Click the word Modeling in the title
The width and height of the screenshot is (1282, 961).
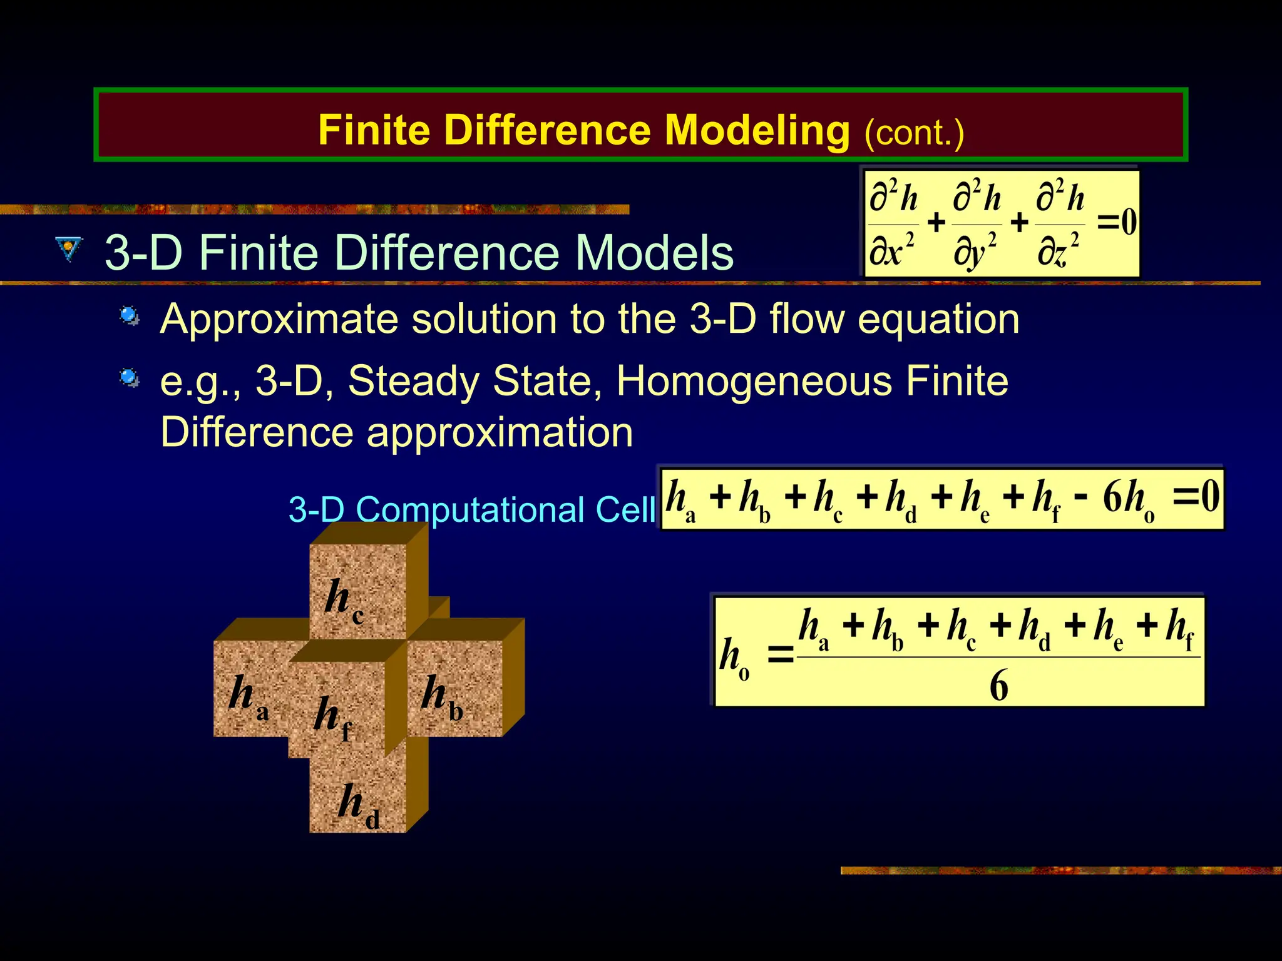pos(757,130)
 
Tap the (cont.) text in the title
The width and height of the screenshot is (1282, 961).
pos(914,133)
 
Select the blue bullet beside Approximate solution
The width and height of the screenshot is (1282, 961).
pos(130,316)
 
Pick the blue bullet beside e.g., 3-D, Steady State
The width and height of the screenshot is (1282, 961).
pos(130,378)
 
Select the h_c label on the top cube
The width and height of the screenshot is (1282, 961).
pos(344,599)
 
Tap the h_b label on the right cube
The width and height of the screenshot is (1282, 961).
pos(442,698)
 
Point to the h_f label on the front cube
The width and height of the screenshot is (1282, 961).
pos(332,718)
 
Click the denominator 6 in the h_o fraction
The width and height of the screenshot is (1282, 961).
pos(998,685)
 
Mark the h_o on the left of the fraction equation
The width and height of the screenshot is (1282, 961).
pos(734,659)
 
